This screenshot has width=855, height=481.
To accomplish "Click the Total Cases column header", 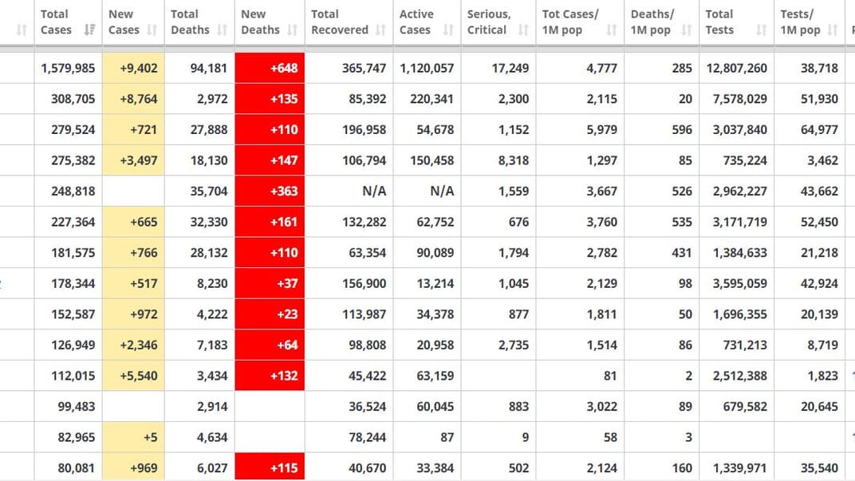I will [x=55, y=22].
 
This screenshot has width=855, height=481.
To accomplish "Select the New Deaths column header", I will [x=260, y=22].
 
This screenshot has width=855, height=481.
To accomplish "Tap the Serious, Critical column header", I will [x=488, y=22].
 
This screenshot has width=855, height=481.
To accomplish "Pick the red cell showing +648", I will [x=270, y=68].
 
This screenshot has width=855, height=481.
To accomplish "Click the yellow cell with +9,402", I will [x=133, y=68].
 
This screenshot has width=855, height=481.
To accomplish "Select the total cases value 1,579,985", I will [x=68, y=68].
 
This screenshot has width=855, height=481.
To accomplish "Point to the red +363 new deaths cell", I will [x=270, y=191].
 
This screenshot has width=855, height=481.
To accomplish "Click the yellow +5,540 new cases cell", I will [x=133, y=376].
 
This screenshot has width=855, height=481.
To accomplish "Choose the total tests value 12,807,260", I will [x=737, y=68].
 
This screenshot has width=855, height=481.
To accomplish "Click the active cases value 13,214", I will [x=435, y=283].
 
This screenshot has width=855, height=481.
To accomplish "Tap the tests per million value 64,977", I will [x=819, y=129].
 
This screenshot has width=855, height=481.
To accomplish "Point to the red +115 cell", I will [x=270, y=468].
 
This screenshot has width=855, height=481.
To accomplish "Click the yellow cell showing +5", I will [x=133, y=437].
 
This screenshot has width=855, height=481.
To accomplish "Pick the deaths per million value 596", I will [x=682, y=129].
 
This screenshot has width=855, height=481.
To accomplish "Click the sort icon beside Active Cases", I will [x=449, y=30].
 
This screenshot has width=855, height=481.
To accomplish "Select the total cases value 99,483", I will [x=77, y=407].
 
